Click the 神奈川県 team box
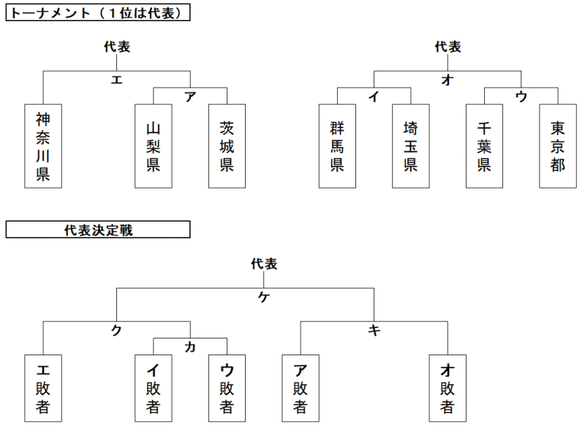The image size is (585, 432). pos(43,146)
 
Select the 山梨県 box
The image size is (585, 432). pos(154,146)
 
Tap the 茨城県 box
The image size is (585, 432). pos(227,146)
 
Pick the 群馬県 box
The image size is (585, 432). pos(337,146)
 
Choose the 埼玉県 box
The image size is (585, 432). pos(411,146)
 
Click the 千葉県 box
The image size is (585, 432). pos(484,146)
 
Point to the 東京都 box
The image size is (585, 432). pos(558,146)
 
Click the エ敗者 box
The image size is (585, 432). pos(43,388)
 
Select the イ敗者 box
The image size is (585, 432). pos(154,388)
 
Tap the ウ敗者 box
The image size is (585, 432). pos(227,388)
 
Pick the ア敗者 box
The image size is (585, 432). pos(301,388)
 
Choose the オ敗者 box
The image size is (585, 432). pos(448,388)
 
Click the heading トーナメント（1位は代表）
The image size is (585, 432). pos(98,12)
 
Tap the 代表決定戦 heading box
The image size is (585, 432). pos(98,230)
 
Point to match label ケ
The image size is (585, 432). pos(264,297)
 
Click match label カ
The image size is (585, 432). pos(190,347)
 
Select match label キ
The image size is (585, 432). pos(374,330)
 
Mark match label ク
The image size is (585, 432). pos(116,330)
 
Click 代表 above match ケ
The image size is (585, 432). pos(264,264)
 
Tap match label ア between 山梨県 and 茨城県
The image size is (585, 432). pos(190,96)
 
